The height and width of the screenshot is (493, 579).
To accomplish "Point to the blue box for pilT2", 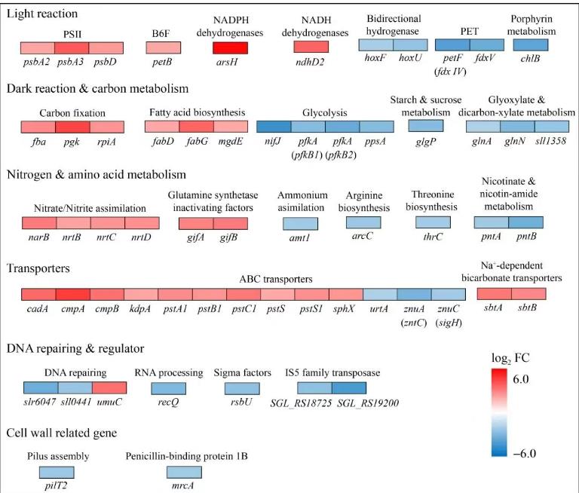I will (x=57, y=472).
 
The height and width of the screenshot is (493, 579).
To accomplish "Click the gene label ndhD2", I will (x=311, y=62).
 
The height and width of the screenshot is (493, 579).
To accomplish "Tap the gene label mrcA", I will (x=184, y=485).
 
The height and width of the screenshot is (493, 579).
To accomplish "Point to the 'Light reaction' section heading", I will (x=43, y=13).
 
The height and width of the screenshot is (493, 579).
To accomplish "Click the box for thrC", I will (x=434, y=222).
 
